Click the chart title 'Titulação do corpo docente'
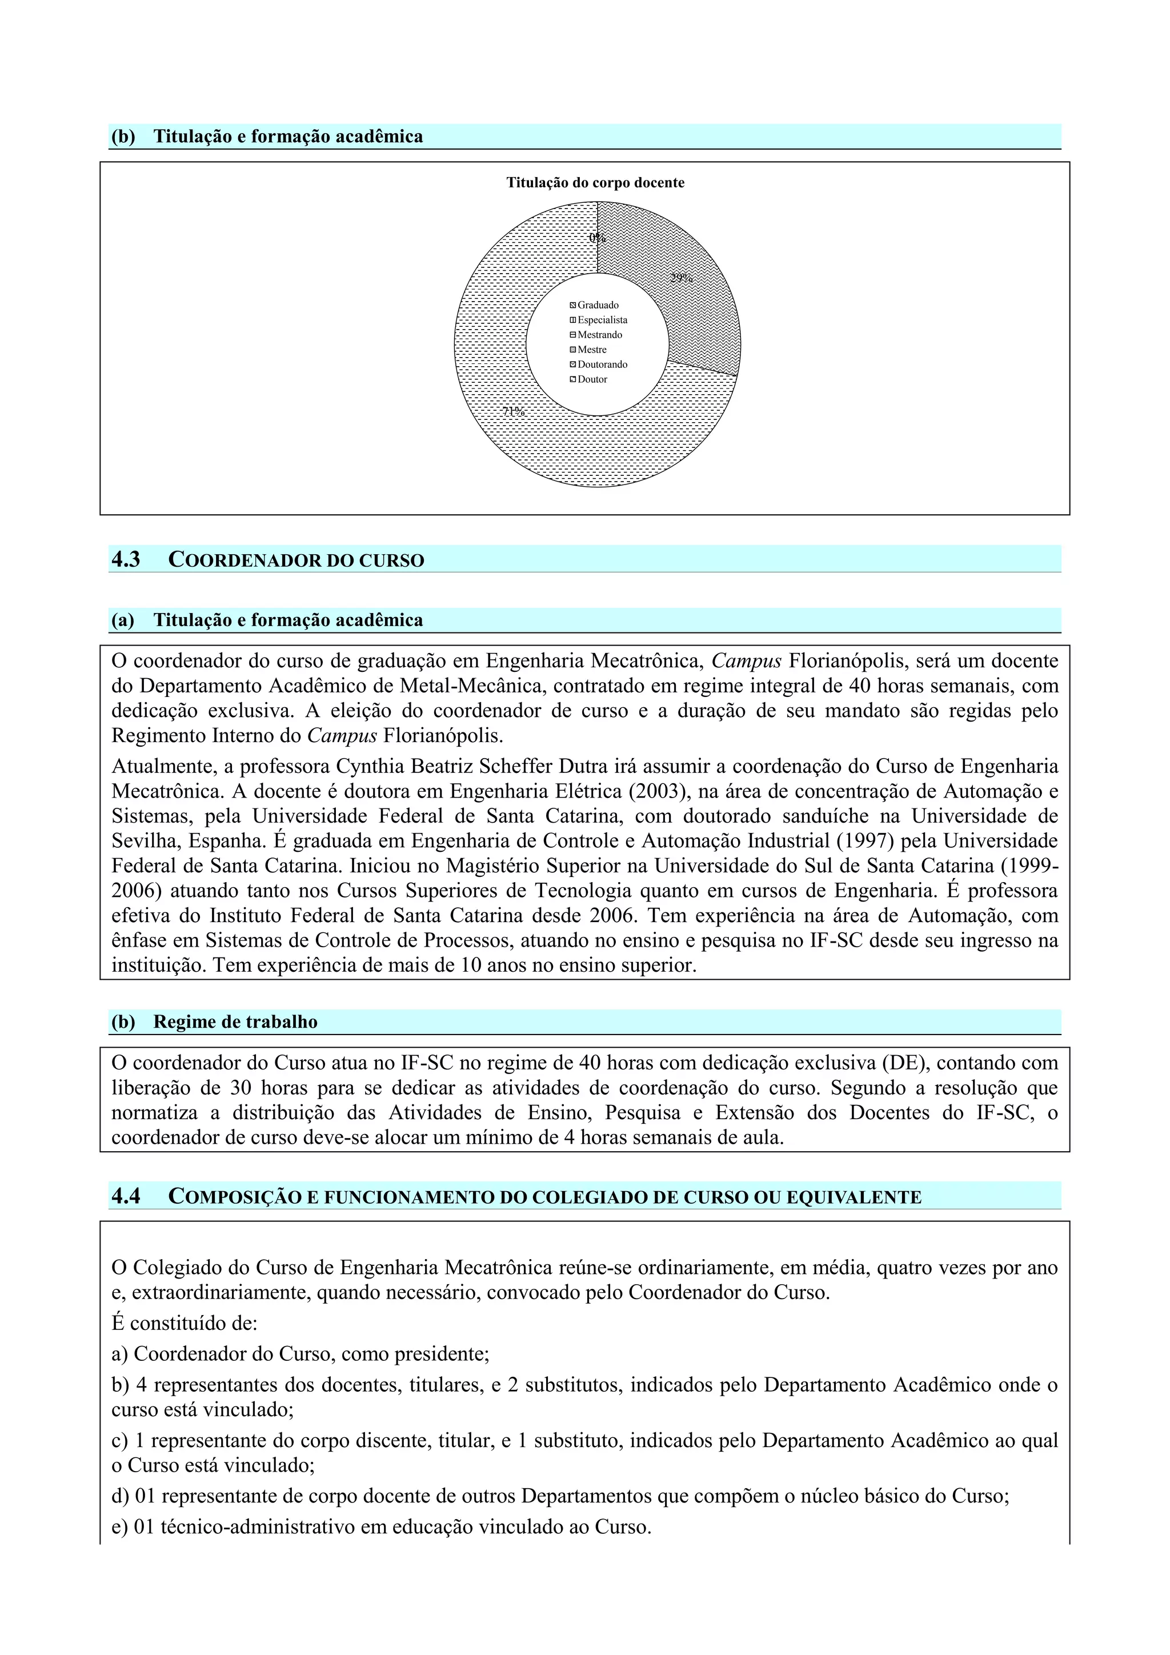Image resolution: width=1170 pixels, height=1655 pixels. [x=595, y=183]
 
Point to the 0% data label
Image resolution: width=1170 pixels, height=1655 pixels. [x=597, y=238]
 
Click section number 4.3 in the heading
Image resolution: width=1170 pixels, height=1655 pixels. [x=126, y=559]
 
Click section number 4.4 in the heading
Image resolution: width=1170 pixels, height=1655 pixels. [x=126, y=1197]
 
